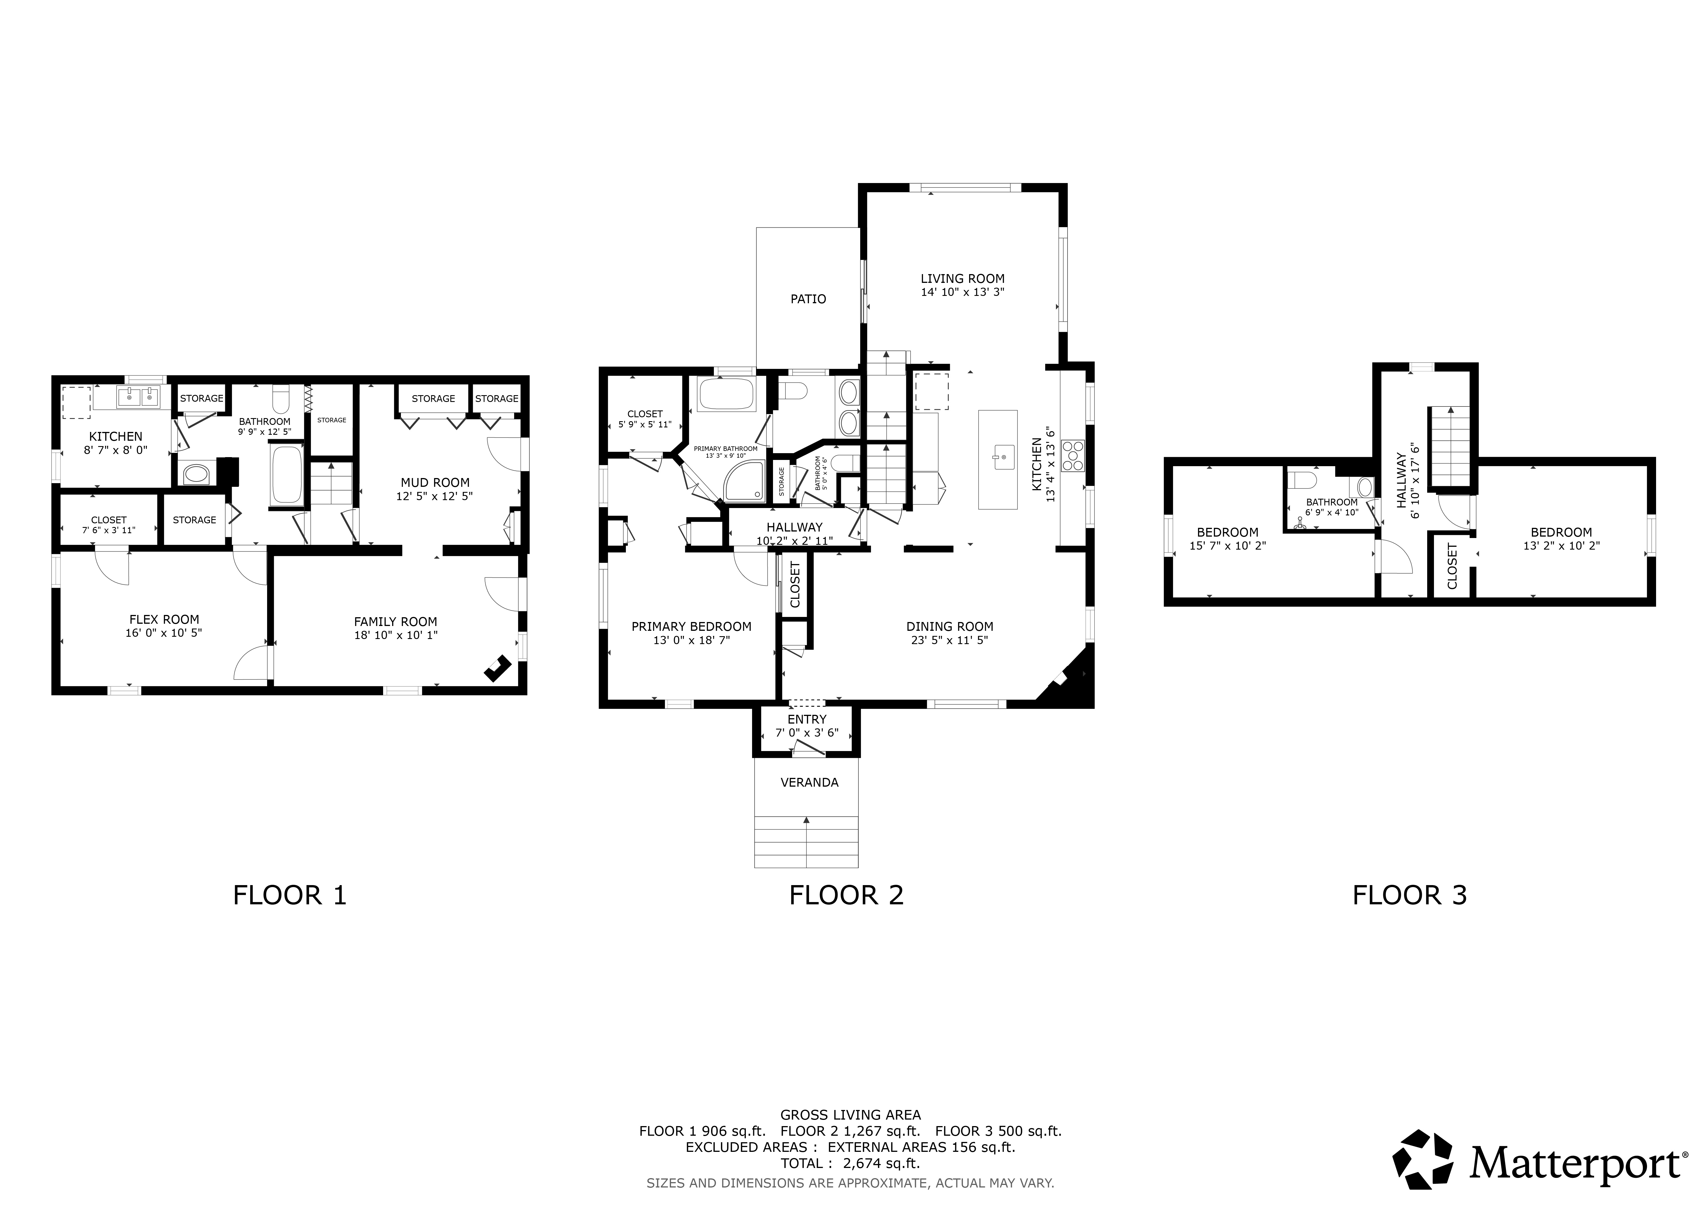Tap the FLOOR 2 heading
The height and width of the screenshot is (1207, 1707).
(846, 895)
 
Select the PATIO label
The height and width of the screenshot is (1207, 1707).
(808, 299)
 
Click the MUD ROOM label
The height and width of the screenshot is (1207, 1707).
(435, 482)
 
